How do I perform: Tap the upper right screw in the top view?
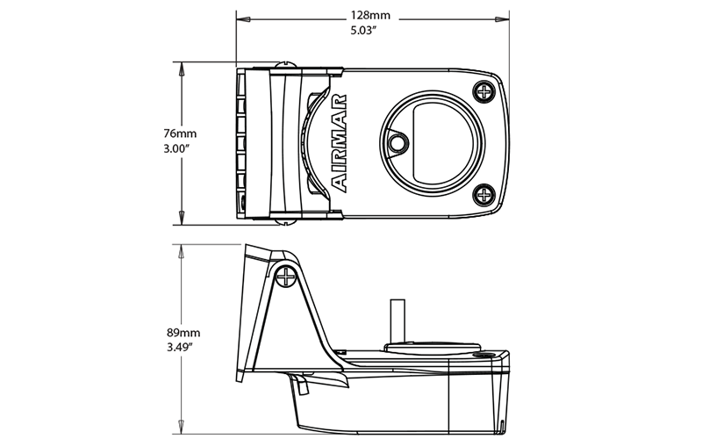(x=484, y=90)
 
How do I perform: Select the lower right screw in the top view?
(x=484, y=195)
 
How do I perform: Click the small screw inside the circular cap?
(x=398, y=140)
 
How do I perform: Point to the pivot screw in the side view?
(x=286, y=277)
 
